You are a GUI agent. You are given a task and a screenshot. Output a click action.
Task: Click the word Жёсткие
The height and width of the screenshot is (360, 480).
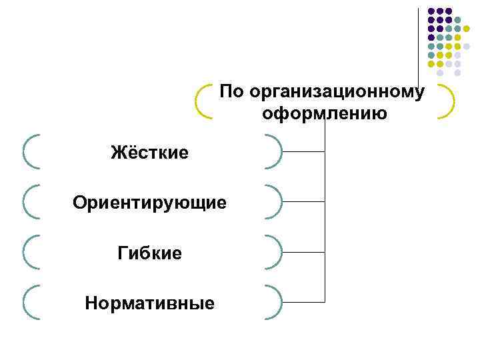coord(149,153)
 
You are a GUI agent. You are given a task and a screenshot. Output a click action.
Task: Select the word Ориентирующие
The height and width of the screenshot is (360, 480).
coord(149,202)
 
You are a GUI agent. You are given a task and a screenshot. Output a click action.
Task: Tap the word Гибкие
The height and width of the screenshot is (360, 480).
coord(149,253)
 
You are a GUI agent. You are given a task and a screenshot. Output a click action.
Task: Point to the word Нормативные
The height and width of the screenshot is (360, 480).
coord(149,304)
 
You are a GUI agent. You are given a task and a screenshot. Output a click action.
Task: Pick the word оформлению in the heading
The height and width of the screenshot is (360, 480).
coord(325,113)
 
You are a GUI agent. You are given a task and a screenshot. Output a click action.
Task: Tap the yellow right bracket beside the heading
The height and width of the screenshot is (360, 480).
coord(451,101)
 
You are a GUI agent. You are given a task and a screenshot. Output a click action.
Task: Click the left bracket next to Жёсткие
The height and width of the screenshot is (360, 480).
coord(26,151)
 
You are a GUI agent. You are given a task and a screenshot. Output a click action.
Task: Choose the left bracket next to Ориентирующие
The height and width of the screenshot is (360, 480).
coord(26,202)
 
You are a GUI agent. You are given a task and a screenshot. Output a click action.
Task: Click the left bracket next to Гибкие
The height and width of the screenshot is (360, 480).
coord(26,252)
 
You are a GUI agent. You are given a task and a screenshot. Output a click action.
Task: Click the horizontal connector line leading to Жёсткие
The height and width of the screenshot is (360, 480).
coord(303,151)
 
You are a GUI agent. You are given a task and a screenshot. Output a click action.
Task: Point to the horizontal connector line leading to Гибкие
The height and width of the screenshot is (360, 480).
coord(303,252)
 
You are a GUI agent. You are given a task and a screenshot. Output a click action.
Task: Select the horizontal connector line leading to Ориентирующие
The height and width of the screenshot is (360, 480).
coord(303,202)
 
